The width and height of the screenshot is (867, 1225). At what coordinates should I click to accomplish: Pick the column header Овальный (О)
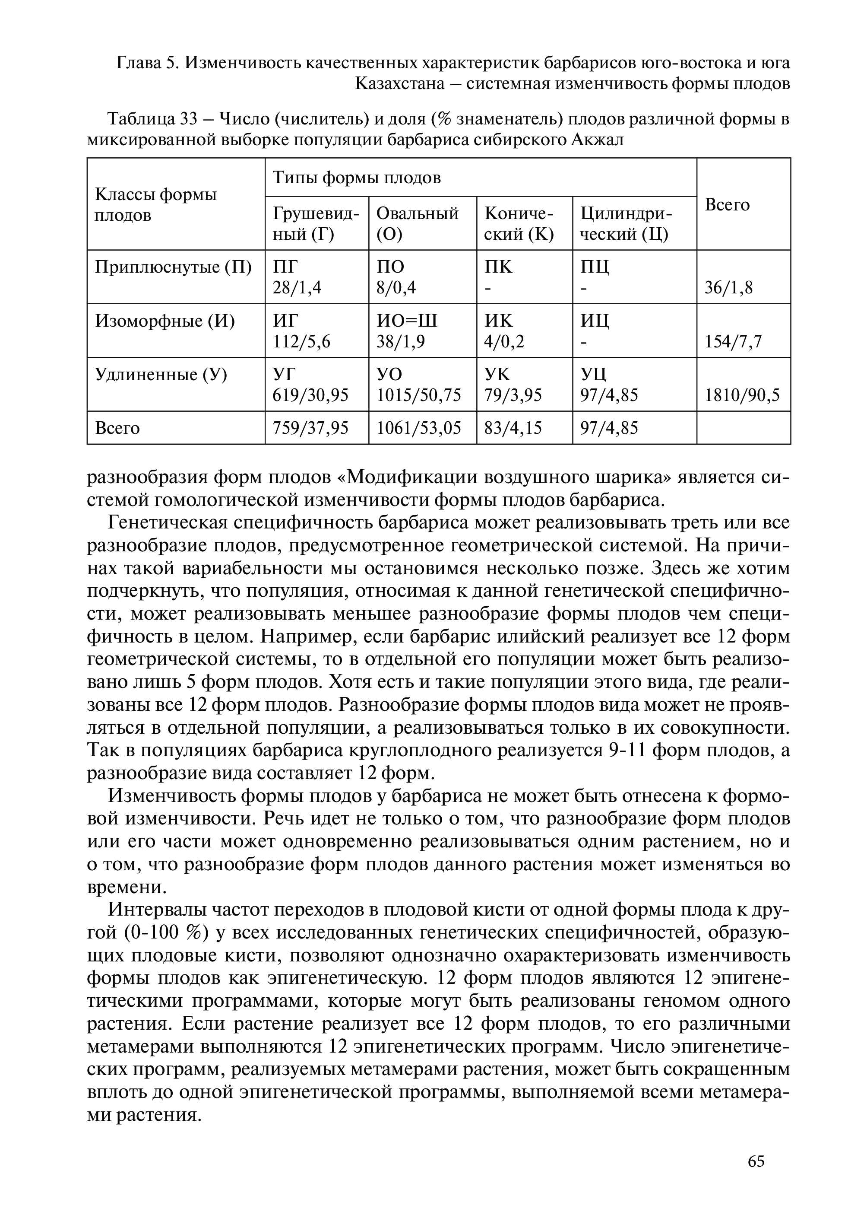(418, 223)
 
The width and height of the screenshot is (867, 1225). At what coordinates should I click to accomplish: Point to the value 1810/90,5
(742, 395)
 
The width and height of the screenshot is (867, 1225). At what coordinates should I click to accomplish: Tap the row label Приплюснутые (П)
(173, 267)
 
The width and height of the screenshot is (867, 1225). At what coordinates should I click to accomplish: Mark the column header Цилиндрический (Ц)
(626, 223)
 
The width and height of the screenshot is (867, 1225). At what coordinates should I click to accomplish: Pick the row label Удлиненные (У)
(161, 375)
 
